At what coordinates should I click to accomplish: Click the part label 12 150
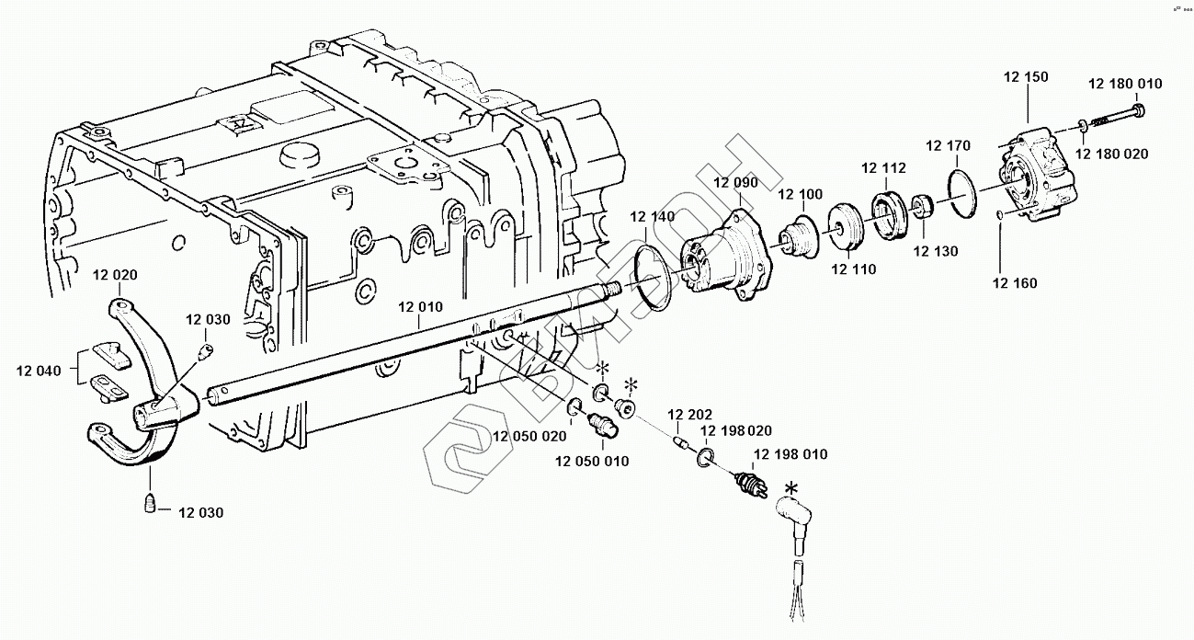click(1026, 77)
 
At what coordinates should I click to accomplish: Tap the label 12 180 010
click(1125, 84)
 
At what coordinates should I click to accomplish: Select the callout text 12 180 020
click(1112, 154)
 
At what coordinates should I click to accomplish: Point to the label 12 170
click(949, 145)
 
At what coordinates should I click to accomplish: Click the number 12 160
click(1015, 283)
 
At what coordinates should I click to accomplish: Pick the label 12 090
click(735, 183)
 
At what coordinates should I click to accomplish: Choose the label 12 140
click(653, 217)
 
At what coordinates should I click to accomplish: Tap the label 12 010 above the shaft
click(421, 307)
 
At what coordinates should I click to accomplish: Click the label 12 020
click(115, 275)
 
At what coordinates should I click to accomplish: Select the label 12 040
click(39, 371)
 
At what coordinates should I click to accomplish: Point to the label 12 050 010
click(592, 462)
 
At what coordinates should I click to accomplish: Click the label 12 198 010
click(790, 454)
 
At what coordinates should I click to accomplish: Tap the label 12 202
click(689, 415)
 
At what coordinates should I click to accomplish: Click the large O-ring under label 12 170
click(963, 194)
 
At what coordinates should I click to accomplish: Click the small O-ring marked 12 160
click(1000, 215)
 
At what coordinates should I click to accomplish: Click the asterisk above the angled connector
click(792, 487)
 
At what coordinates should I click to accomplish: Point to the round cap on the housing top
click(299, 156)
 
